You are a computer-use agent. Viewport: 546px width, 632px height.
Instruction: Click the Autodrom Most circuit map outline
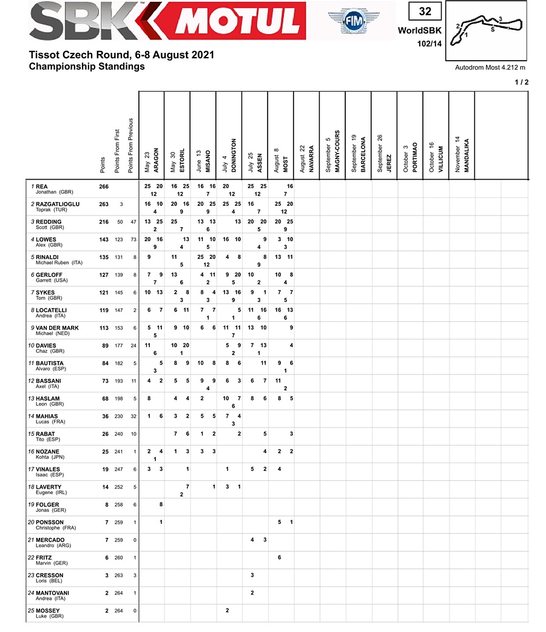click(x=490, y=28)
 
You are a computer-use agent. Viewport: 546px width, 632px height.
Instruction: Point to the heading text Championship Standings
click(x=87, y=66)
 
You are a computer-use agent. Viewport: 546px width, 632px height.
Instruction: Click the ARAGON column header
click(x=156, y=160)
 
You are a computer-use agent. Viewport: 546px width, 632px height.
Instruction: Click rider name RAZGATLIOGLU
click(x=58, y=204)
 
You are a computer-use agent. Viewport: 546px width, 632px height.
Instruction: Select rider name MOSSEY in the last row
click(x=48, y=610)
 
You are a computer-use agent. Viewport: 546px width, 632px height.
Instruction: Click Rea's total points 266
click(x=104, y=186)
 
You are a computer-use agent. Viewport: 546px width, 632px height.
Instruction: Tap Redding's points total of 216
click(x=104, y=222)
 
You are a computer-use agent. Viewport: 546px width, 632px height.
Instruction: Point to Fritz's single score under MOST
click(x=279, y=557)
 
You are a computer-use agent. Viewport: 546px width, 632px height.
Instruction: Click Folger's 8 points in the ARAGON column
click(x=161, y=505)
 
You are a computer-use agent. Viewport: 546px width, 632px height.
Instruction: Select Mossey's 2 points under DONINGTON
click(x=227, y=610)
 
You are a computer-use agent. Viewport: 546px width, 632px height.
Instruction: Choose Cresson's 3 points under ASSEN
click(x=252, y=575)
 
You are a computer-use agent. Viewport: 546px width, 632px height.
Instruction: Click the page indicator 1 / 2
click(x=521, y=83)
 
